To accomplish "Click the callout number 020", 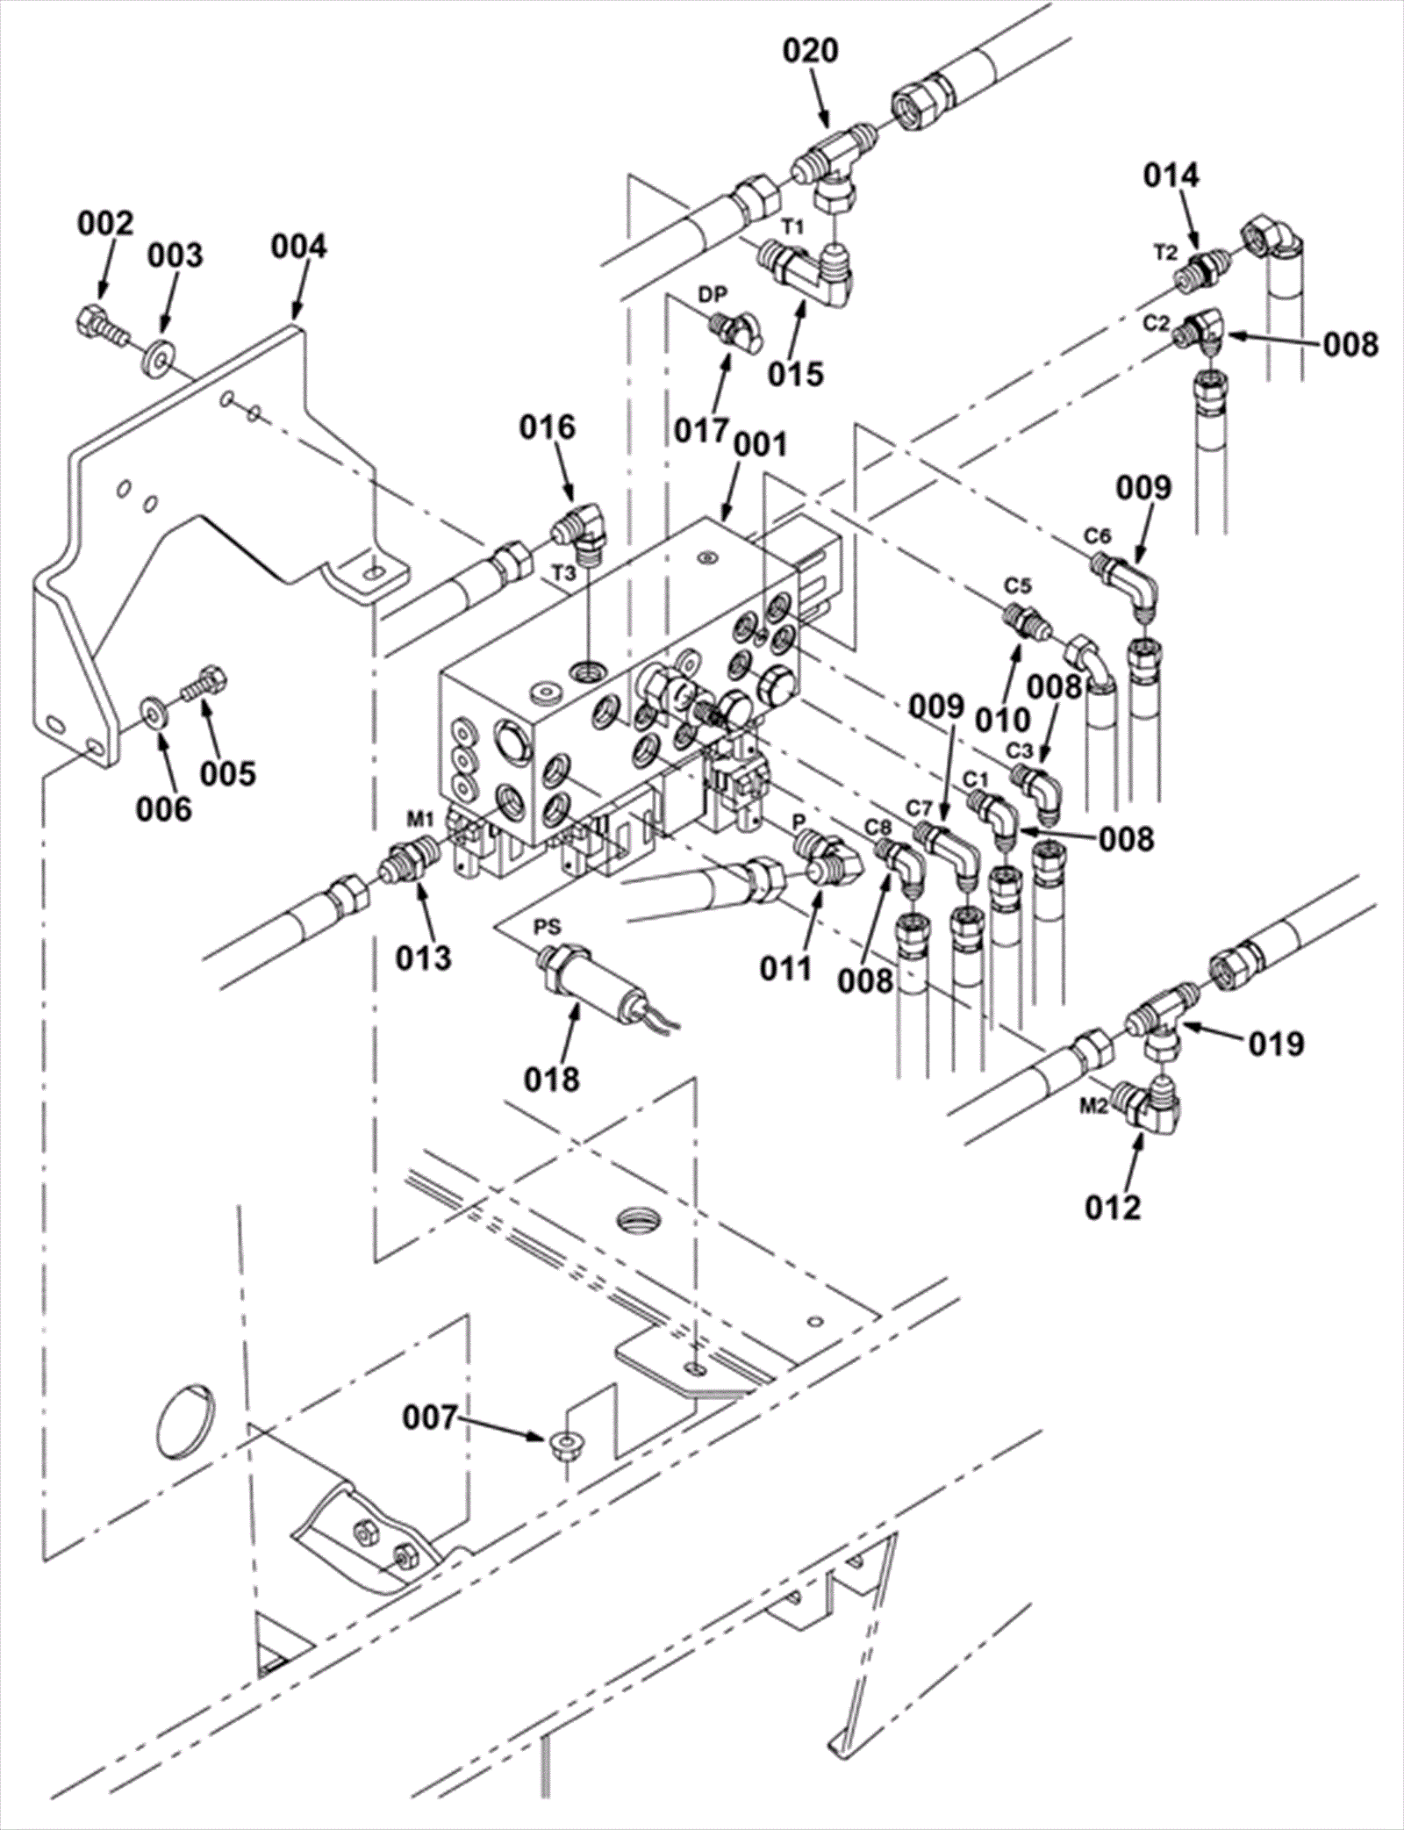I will [x=810, y=51].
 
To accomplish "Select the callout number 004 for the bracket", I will [x=298, y=247].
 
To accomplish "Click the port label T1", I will [x=792, y=226].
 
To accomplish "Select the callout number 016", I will [x=547, y=427].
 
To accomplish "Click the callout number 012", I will [x=1113, y=1208].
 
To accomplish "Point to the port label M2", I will [x=1093, y=1107].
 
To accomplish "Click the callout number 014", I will [x=1171, y=176].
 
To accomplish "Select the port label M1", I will [x=419, y=821].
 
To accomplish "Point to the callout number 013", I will [x=423, y=957].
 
